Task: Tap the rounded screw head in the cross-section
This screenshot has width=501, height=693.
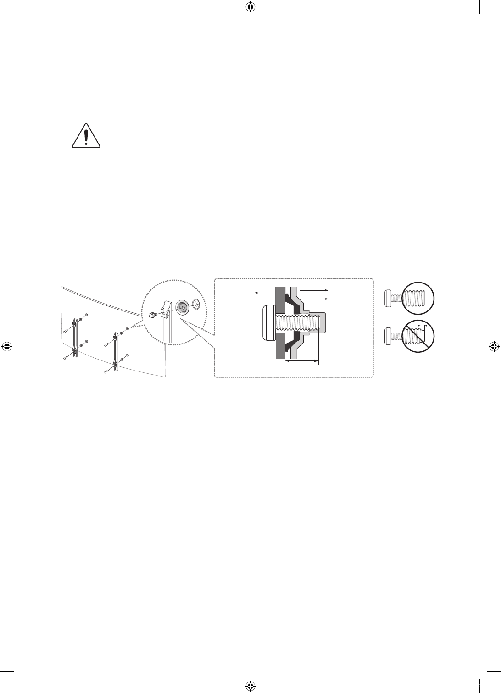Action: (268, 324)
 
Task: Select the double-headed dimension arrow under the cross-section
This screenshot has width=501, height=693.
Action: (301, 361)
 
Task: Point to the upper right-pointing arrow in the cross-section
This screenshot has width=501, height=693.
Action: (312, 290)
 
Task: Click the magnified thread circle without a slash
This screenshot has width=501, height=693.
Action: (418, 298)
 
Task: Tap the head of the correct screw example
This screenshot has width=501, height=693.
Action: (389, 298)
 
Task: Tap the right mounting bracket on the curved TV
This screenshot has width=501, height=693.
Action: (115, 350)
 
